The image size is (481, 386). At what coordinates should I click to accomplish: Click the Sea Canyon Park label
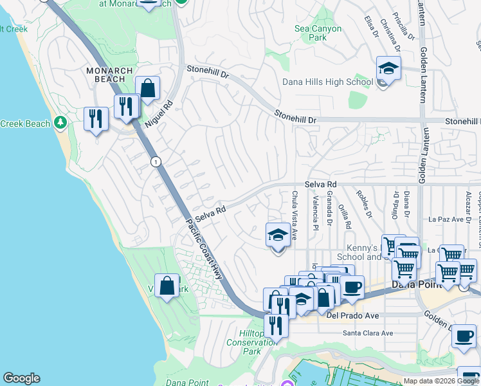click(318, 33)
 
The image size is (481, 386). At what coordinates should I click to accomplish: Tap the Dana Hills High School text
click(327, 82)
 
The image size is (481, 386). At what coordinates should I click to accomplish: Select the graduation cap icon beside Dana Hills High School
click(388, 69)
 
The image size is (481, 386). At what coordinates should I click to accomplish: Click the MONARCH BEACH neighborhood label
click(110, 75)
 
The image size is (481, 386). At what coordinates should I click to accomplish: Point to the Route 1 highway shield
click(156, 162)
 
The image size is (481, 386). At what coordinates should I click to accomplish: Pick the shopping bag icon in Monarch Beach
click(147, 89)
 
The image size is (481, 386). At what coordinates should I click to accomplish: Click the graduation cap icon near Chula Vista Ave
click(278, 235)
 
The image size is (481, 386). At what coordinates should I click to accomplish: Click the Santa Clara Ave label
click(367, 333)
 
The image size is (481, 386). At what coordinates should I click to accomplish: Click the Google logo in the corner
click(21, 378)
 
